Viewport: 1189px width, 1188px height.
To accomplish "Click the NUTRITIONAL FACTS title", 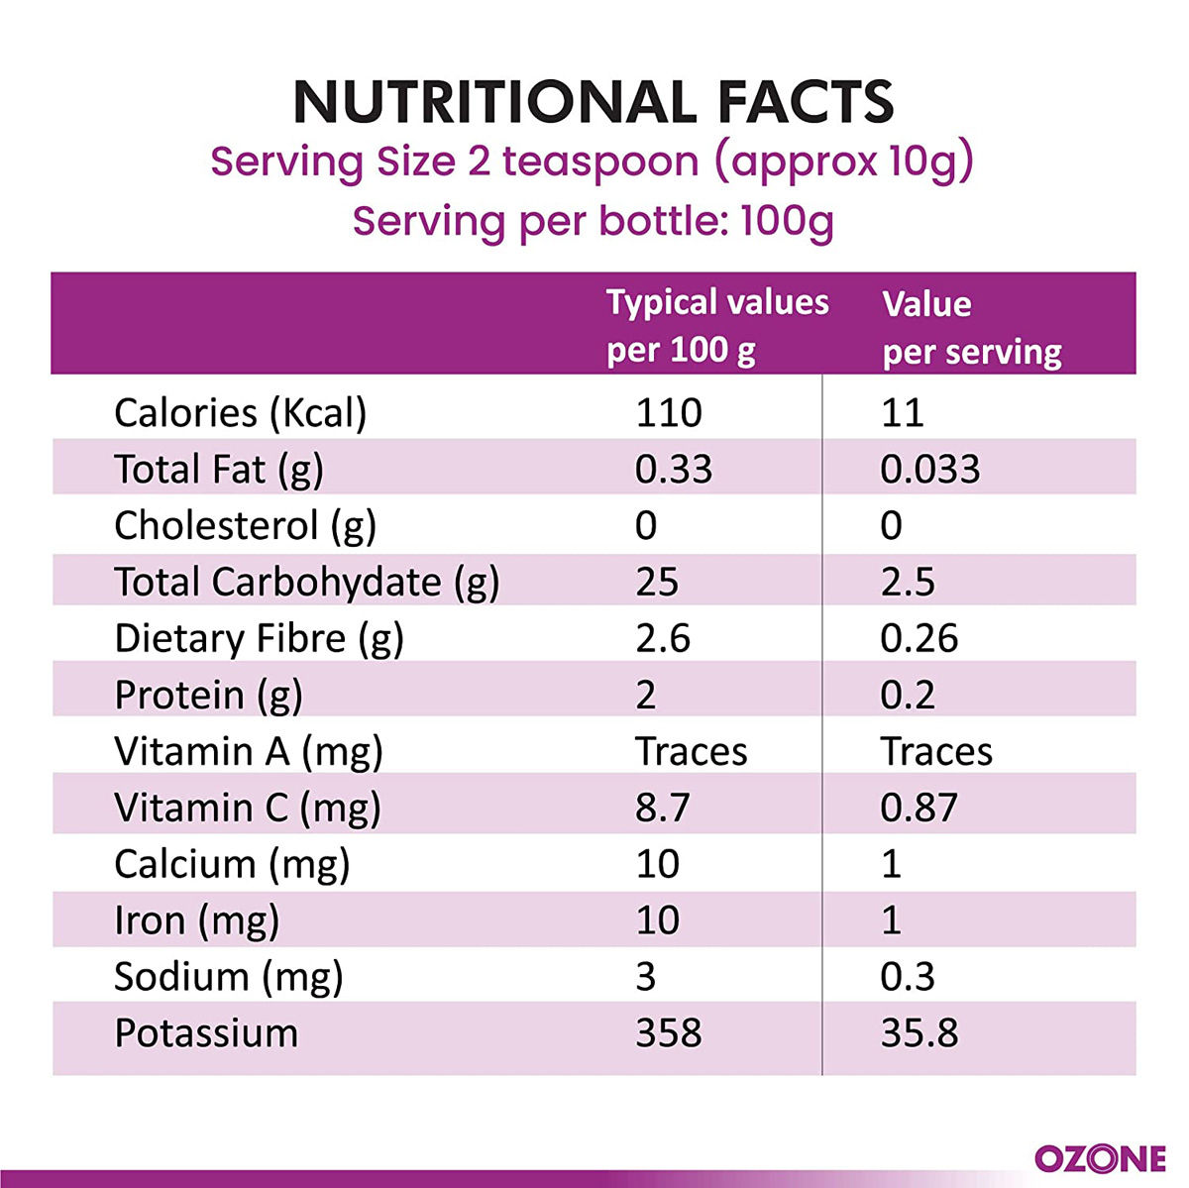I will [x=594, y=102].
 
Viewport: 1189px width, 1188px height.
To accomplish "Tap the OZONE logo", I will [x=1100, y=1157].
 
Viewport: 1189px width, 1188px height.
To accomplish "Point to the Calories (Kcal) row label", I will [x=241, y=412].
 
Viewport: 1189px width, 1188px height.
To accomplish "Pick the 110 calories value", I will [x=669, y=412].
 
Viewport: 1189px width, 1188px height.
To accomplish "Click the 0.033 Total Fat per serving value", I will [x=929, y=469].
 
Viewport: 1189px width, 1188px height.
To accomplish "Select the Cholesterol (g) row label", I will [x=245, y=525].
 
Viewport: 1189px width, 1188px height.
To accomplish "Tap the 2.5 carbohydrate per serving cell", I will [x=908, y=582].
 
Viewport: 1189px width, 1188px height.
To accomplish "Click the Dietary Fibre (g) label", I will [x=259, y=638].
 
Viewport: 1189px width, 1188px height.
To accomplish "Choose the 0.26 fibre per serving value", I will [x=919, y=638].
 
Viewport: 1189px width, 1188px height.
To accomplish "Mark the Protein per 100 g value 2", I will [x=646, y=695].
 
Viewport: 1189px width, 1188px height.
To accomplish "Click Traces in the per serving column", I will [x=936, y=751].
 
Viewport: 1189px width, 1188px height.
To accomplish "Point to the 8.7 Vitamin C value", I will [x=662, y=808].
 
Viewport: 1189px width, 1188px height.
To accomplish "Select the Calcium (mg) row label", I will [x=232, y=864].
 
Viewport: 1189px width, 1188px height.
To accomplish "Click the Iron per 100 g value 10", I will [x=657, y=920].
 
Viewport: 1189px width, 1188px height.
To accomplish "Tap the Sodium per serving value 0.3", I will [x=908, y=977].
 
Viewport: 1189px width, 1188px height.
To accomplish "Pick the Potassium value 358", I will [x=669, y=1033].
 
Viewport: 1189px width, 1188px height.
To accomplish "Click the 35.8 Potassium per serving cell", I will [x=919, y=1033].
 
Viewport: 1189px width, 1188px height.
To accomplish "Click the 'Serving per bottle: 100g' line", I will [x=593, y=220].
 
